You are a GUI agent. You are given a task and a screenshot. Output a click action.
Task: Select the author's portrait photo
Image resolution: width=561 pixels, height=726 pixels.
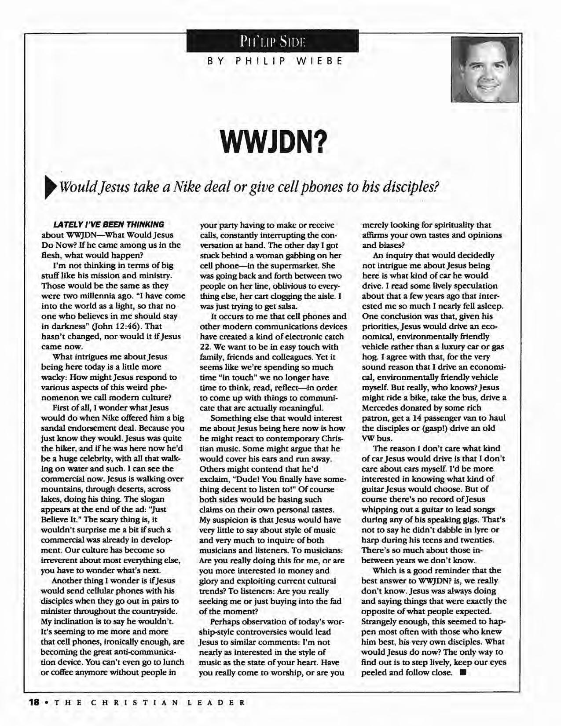pyautogui.click(x=484, y=69)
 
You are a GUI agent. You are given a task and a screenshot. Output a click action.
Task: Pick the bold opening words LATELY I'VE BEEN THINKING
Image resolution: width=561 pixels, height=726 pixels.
pyautogui.click(x=108, y=225)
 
